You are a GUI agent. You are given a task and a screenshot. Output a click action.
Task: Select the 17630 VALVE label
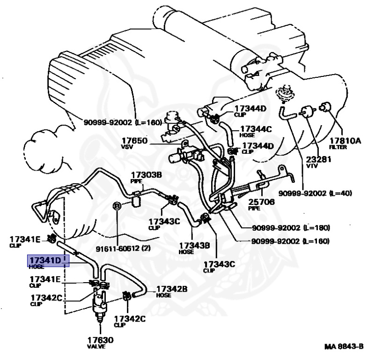coord(100,343)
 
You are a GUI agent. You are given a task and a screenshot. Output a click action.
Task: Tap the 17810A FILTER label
coord(345,143)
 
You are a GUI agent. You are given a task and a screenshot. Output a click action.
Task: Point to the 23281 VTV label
coord(318,162)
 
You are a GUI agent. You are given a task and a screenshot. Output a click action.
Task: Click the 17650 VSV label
coord(134,143)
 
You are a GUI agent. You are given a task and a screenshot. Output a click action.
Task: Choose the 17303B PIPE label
coord(146,177)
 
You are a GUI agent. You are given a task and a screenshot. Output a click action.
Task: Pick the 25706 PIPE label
coord(261,205)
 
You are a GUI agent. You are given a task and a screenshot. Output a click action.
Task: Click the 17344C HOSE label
coord(255,132)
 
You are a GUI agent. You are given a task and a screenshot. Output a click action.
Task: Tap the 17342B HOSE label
coord(172,292)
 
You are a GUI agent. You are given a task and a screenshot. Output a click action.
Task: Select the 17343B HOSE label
coord(194,248)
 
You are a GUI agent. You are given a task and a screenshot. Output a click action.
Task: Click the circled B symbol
coord(117,206)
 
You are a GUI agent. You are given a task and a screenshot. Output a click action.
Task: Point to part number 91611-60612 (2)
coord(123,248)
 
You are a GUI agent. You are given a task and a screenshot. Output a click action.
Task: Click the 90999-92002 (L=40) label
coord(315,193)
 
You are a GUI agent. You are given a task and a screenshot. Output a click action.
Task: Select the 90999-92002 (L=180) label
coord(291,228)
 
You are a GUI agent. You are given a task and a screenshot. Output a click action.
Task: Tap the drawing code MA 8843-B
coord(344,346)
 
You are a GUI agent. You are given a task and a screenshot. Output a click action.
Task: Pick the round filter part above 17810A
coord(325,107)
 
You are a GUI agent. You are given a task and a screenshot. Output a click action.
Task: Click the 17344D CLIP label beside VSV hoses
coord(258,149)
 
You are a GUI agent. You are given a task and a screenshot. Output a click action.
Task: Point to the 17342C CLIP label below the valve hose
coord(130,322)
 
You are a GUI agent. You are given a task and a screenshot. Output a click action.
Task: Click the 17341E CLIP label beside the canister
coord(25,242)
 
